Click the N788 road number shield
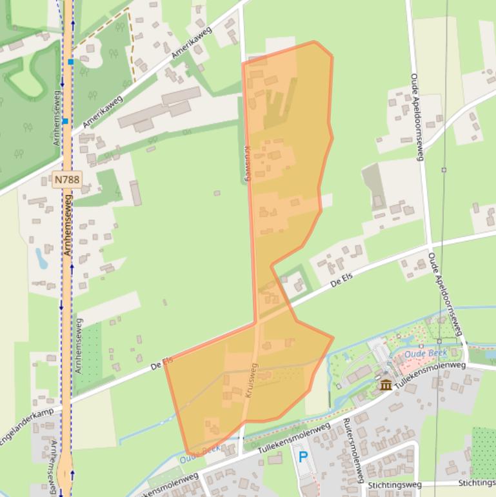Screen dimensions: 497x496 click(x=66, y=179)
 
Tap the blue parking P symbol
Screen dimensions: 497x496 click(x=303, y=458)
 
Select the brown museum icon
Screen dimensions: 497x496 click(x=386, y=385)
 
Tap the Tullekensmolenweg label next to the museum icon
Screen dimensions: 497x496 click(x=430, y=376)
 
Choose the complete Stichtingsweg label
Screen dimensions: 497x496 click(x=394, y=485)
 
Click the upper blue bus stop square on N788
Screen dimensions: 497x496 click(x=70, y=62)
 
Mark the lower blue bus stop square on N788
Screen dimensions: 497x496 click(x=65, y=121)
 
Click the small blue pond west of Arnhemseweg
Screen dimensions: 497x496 click(x=41, y=258)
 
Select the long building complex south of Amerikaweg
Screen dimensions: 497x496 click(x=159, y=110)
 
